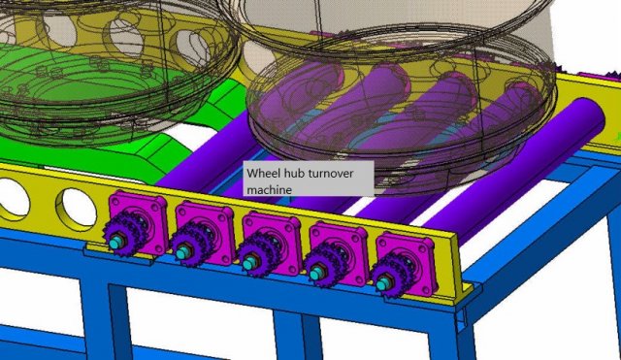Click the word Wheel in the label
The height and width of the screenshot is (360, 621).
coord(262,173)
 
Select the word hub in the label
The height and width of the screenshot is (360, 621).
coord(295,173)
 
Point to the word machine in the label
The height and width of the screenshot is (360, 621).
coord(269,188)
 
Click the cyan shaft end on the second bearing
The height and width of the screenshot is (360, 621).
coord(183,255)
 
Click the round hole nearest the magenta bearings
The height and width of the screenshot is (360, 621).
coord(75,205)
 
